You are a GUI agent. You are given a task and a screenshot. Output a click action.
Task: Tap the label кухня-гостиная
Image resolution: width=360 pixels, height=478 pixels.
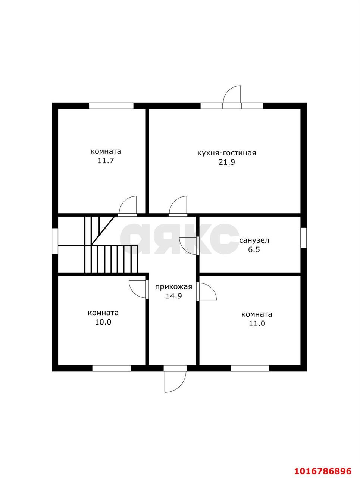coord(227,153)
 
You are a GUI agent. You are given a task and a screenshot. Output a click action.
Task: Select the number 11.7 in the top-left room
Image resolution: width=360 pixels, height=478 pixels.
coord(106,161)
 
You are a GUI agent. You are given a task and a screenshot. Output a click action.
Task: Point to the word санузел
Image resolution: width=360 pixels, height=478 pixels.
coord(254,240)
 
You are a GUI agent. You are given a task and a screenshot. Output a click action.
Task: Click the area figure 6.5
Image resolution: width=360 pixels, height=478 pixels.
coord(254,249)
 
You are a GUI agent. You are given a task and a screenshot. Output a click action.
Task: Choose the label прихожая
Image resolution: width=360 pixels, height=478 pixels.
coord(173,286)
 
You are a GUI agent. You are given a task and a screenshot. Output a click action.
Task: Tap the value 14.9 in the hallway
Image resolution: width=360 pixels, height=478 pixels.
coord(173,296)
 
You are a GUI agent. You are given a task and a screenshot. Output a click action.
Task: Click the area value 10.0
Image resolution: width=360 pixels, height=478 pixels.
coord(103,322)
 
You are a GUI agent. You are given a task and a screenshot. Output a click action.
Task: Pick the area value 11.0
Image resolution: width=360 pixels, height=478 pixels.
coord(257,323)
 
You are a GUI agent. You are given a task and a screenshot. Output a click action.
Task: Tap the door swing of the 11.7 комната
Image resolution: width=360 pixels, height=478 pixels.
coord(128,205)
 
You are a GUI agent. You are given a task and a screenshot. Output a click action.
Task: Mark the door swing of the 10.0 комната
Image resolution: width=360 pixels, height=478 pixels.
coord(137,289)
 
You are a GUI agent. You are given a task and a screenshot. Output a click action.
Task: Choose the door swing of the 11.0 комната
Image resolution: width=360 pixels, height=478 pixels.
coord(208,292)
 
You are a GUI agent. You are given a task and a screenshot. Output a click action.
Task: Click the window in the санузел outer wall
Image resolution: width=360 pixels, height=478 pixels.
coord(303,238)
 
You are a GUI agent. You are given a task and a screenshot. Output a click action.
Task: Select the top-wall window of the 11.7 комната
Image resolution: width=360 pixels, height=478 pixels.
coord(111,106)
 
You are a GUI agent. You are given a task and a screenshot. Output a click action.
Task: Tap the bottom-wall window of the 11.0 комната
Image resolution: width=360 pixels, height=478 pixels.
coord(250,368)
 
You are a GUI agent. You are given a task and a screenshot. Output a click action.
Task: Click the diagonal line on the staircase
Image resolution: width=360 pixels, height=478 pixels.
coord(103,230)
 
